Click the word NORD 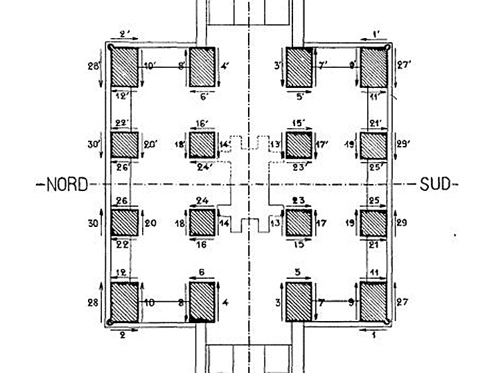point(67,185)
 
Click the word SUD point(434,184)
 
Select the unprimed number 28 point(92,302)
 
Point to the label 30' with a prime point(94,145)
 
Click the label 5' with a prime point(299,96)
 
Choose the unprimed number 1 point(375,334)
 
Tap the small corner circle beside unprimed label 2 point(109,322)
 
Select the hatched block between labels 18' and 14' point(202,145)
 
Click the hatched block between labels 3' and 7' point(299,67)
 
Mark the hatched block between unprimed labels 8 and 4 point(202,302)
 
